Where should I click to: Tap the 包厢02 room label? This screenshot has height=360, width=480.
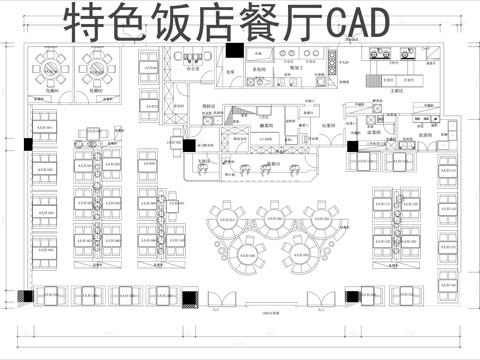pyautogui.click(x=96, y=89)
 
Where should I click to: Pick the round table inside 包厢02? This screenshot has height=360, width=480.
pyautogui.click(x=96, y=67)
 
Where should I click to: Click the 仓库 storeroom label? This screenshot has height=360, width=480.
pyautogui.click(x=229, y=73)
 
